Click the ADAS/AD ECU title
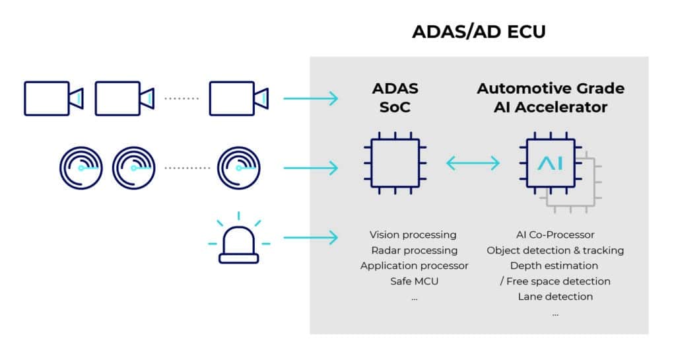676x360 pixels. pos(479,32)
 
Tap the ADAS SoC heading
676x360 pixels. pos(395,97)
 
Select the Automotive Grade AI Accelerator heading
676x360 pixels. pos(551,97)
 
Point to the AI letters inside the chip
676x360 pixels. pos(550,163)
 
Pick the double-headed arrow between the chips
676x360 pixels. pos(473,162)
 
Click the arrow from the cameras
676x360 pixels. pos(310,98)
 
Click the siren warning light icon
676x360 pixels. pos(239,238)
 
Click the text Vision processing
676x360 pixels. pos(413,234)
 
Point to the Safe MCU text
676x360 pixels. pos(414,281)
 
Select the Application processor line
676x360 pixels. pos(414,266)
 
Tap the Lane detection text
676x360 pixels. pos(555,297)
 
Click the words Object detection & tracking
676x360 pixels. pos(555,250)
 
